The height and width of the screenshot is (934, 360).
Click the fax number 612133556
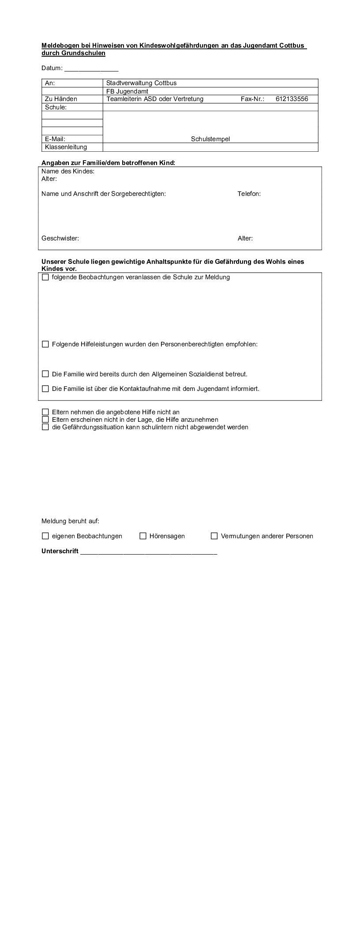click(x=292, y=99)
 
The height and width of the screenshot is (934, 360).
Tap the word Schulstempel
click(x=210, y=139)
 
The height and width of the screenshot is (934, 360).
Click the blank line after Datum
click(x=91, y=69)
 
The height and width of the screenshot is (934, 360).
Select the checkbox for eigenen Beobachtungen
click(x=45, y=536)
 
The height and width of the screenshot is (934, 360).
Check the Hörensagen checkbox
click(x=143, y=536)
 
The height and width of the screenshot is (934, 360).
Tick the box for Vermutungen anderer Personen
click(x=214, y=536)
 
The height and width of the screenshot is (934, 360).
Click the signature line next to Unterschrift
click(x=149, y=551)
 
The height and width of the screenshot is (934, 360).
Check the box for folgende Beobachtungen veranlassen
click(x=45, y=278)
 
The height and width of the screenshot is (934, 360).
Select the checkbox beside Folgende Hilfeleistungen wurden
click(x=45, y=344)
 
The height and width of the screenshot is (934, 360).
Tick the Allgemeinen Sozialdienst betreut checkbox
click(x=45, y=374)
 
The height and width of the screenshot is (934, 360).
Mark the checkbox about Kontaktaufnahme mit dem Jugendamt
click(x=45, y=389)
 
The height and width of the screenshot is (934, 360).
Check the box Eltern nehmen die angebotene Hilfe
click(x=45, y=412)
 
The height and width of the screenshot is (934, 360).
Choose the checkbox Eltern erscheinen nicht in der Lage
click(x=45, y=420)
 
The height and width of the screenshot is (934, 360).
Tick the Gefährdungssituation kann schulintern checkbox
click(x=45, y=427)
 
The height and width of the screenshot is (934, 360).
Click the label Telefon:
click(x=249, y=194)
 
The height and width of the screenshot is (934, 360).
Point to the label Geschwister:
click(x=60, y=238)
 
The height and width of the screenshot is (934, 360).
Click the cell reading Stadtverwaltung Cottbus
click(x=141, y=83)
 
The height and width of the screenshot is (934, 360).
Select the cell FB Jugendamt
click(x=127, y=91)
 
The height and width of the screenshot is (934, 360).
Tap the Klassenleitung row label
click(x=66, y=147)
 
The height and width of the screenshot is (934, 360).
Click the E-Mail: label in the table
click(x=55, y=139)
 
